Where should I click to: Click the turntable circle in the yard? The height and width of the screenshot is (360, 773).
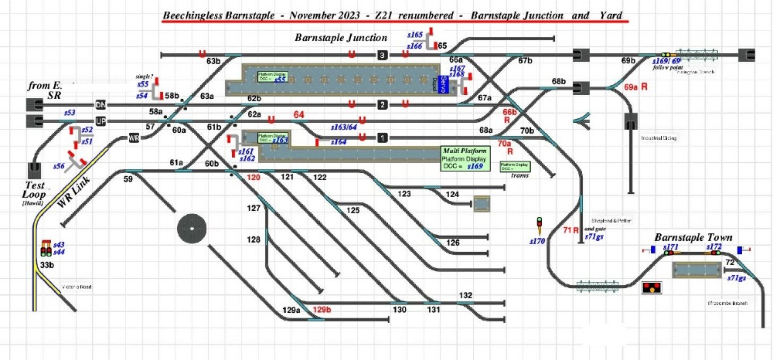coord(192,229)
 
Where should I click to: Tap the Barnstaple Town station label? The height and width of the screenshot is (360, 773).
coord(693,237)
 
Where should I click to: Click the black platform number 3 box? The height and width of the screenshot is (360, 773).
coord(381,55)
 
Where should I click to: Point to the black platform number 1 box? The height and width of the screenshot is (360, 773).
coord(381,138)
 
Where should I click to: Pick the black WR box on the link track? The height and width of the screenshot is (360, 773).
coord(134,138)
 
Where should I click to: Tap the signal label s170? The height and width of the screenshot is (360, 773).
coord(538,241)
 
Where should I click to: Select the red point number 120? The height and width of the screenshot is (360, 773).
coord(253,178)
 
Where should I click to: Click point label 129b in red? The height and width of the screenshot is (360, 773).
coord(322,311)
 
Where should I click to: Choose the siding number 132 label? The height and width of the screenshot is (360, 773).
coord(465,295)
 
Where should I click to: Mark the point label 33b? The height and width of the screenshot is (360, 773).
coord(47,265)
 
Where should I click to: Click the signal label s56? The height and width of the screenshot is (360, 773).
coord(59,166)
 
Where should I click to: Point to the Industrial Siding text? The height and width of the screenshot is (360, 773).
coord(659,138)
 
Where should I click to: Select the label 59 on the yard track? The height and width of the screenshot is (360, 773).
coord(128,179)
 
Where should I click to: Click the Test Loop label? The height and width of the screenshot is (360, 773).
coord(34,190)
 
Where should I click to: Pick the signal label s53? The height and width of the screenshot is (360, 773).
coord(70,114)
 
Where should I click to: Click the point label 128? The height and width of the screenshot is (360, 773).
coord(254,240)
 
